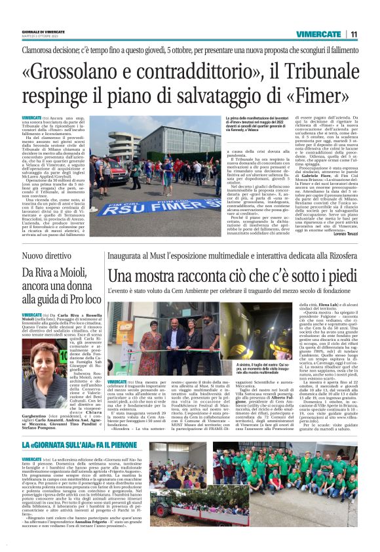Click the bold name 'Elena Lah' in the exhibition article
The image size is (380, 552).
point(326,306)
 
